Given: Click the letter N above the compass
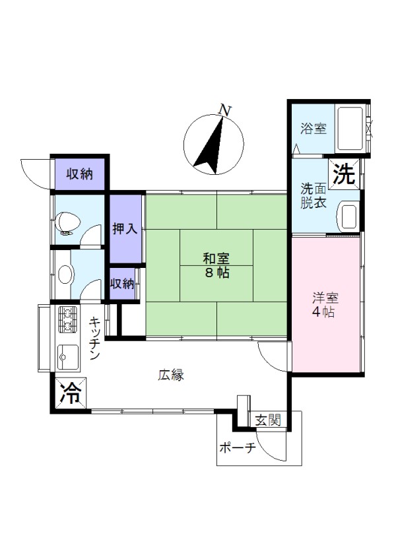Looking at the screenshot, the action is coord(225,110).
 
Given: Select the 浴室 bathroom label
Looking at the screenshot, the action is coord(313,128).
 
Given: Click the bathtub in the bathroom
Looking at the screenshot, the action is coord(350,128).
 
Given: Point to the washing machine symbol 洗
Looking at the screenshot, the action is coord(344,174).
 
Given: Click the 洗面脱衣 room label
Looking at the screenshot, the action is coord(313,195).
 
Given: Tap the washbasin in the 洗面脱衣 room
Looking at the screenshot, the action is coord(349,217).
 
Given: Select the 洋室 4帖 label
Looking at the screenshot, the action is coord(324,305).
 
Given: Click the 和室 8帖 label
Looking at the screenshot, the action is coord(216,265).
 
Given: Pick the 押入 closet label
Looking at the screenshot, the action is coord(125,228).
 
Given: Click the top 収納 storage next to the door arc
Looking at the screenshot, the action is coord(80,174).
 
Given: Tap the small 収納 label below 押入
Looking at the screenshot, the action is coord(122,284).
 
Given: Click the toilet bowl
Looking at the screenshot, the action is coord(67,224).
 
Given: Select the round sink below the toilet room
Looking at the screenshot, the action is coord(65,275).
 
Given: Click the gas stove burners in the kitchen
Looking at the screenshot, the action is coord(67,319).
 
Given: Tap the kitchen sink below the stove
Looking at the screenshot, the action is coord(67,356).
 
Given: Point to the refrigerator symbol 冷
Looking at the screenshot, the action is coord(71,393).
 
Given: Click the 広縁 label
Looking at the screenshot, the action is coord(171,375).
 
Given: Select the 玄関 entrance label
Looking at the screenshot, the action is coord(268,420).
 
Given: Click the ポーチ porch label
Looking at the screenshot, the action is coord(238,447).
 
